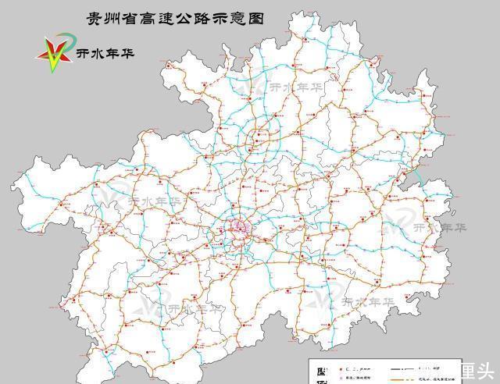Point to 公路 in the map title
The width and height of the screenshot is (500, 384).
tap(196, 16)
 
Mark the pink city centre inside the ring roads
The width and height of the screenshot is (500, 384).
tap(237, 227)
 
